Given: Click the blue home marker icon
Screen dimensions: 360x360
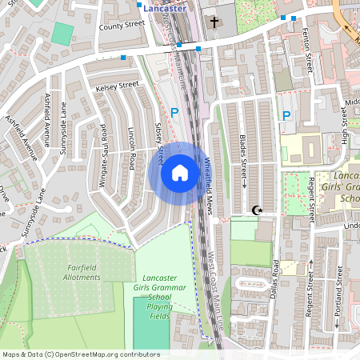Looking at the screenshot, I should coord(179,173).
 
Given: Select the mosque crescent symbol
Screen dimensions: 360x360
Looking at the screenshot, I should coord(257,210).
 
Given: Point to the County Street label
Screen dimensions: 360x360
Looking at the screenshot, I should coord(121,26).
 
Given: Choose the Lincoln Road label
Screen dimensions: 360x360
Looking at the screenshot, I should coord(130,149).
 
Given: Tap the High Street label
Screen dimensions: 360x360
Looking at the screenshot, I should coord(346,126).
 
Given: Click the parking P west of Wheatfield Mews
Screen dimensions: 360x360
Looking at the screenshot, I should coord(174,113).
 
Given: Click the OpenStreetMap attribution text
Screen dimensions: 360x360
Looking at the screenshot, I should coord(80,354).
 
